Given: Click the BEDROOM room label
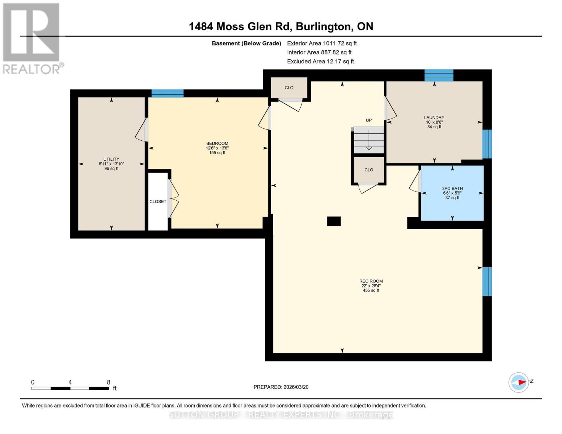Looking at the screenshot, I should [217, 144].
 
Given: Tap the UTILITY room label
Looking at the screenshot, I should [111, 159].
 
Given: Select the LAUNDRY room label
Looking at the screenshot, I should [434, 118].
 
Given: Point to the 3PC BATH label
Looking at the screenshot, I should [452, 188].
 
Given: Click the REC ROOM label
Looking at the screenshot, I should [371, 281].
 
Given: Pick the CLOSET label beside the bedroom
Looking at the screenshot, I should [158, 201].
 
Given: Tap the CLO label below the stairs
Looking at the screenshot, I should [368, 170].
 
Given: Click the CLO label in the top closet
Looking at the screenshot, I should [289, 88].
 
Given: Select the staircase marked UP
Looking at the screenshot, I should [368, 140].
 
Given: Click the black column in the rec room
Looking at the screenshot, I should [334, 221].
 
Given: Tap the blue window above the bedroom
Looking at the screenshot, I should [167, 93].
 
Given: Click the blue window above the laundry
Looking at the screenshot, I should [439, 75].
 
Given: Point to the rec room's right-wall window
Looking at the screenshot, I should [487, 281].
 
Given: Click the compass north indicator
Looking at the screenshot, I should [519, 382].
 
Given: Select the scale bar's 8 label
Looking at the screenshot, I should [109, 382].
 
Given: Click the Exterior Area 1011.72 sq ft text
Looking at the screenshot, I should [322, 43].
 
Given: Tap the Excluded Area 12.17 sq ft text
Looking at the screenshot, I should [320, 61].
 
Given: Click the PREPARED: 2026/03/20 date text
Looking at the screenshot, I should [281, 387].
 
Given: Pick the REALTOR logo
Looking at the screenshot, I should [32, 38].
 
